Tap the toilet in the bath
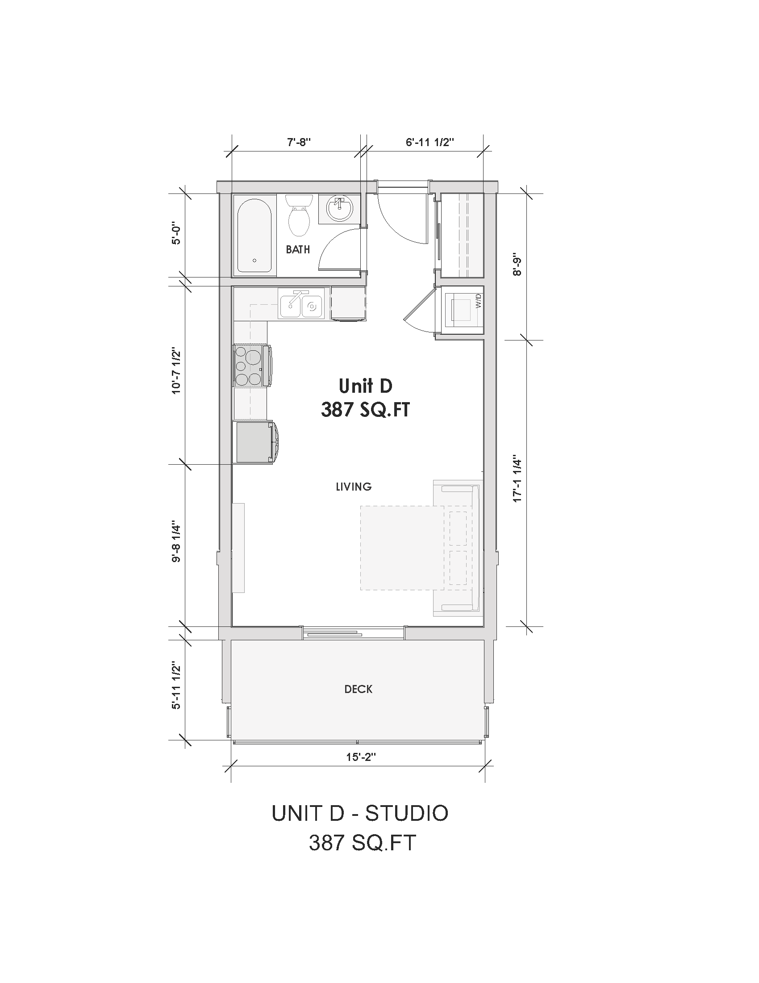(299, 216)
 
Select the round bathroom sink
(340, 209)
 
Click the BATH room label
(298, 249)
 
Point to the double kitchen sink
(301, 305)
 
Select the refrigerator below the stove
(253, 441)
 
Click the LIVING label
(354, 487)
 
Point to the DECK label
(358, 689)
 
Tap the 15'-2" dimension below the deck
(361, 757)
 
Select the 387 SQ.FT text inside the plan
(365, 410)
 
